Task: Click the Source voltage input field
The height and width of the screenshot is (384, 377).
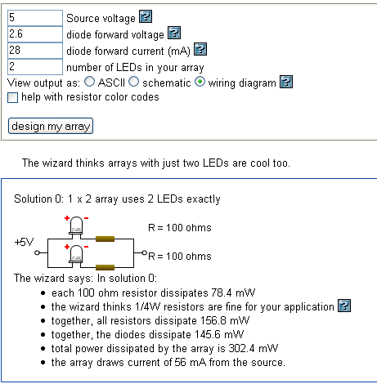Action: (x=35, y=18)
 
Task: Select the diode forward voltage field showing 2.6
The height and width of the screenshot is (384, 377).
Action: (x=35, y=34)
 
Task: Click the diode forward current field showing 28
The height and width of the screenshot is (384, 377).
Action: (x=35, y=51)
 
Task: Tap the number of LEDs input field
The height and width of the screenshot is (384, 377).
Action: (x=35, y=67)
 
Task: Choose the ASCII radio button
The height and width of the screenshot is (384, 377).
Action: (x=89, y=82)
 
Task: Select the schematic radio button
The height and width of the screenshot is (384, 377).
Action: (x=133, y=82)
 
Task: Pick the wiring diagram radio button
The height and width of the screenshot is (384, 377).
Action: (x=200, y=82)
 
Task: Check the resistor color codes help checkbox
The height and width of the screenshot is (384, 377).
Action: (x=12, y=97)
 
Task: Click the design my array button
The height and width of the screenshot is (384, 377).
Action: (x=51, y=126)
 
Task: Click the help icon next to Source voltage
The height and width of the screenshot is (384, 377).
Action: (x=146, y=16)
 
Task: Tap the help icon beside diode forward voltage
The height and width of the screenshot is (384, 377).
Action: (x=174, y=33)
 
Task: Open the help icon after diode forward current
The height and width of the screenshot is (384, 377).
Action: (x=200, y=49)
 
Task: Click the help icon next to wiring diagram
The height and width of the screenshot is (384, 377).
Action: (x=286, y=82)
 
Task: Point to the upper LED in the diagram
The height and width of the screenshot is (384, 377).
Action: (x=76, y=225)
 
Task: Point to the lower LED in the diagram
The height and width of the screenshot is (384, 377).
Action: (x=76, y=254)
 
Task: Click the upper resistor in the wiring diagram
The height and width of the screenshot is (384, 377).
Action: (x=105, y=239)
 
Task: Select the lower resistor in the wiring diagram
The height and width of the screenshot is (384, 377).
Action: (x=105, y=267)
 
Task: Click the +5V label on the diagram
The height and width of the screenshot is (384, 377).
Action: (x=24, y=242)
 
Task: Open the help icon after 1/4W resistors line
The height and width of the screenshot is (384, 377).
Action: (x=344, y=306)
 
